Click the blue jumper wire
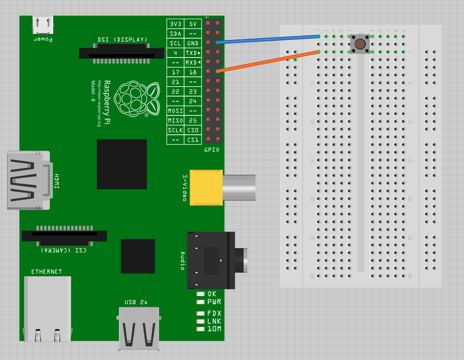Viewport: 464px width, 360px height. pyautogui.click(x=268, y=39)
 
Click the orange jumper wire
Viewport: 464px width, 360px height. pyautogui.click(x=268, y=61)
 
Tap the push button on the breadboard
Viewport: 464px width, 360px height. pyautogui.click(x=360, y=44)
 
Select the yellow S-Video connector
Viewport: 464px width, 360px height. pyautogui.click(x=206, y=187)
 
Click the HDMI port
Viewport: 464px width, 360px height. pyautogui.click(x=28, y=180)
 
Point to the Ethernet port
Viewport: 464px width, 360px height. pyautogui.click(x=47, y=309)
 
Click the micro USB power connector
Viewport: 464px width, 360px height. pyautogui.click(x=43, y=25)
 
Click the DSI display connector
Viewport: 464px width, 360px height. pyautogui.click(x=121, y=53)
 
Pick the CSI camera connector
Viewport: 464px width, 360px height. pyautogui.click(x=64, y=236)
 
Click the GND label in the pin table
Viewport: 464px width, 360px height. pyautogui.click(x=193, y=43)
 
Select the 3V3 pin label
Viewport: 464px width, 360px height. pyautogui.click(x=175, y=24)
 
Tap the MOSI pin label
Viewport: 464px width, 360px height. pyautogui.click(x=175, y=111)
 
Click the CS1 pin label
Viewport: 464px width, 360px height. pyautogui.click(x=193, y=140)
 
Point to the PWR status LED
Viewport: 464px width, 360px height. pyautogui.click(x=201, y=302)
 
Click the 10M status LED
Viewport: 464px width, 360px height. pyautogui.click(x=201, y=329)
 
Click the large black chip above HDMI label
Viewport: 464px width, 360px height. pyautogui.click(x=122, y=164)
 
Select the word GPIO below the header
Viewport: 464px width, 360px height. pyautogui.click(x=212, y=150)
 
